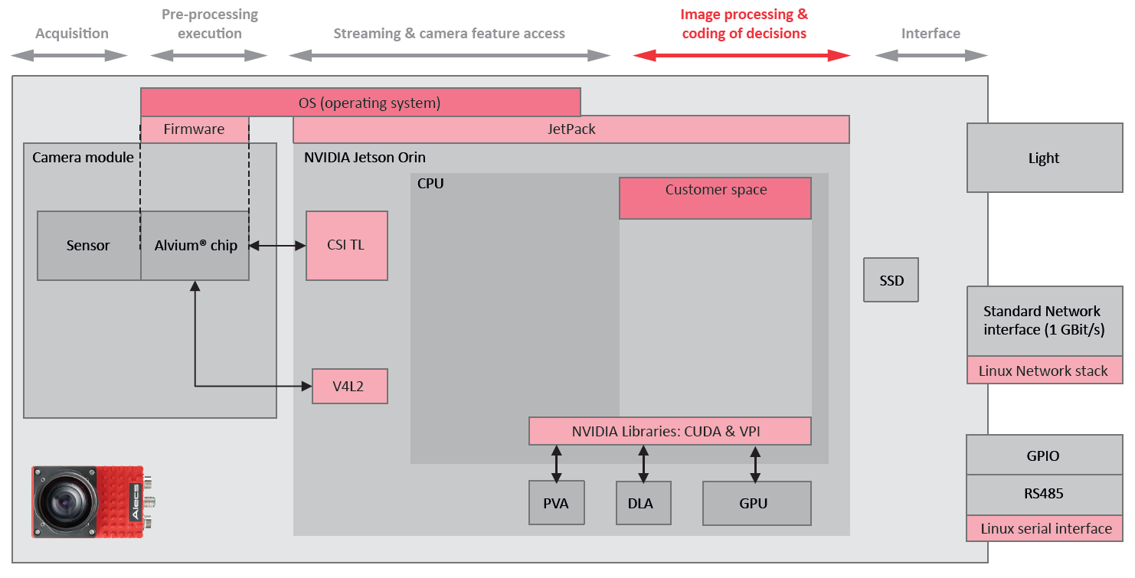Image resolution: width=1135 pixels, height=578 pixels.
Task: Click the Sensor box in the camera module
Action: pyautogui.click(x=88, y=246)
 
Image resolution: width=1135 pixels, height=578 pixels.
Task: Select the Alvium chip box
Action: pyautogui.click(x=195, y=246)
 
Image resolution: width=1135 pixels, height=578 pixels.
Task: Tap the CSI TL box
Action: pyautogui.click(x=346, y=246)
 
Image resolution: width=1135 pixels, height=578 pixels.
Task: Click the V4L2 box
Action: pyautogui.click(x=349, y=387)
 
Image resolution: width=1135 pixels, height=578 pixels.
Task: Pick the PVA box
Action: pyautogui.click(x=556, y=503)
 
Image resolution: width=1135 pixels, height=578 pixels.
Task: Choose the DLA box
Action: pyautogui.click(x=643, y=503)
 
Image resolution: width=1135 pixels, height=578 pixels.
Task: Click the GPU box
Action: pyautogui.click(x=756, y=503)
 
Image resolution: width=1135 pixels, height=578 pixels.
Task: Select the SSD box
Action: pyautogui.click(x=891, y=280)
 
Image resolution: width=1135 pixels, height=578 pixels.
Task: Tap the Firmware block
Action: pyautogui.click(x=195, y=129)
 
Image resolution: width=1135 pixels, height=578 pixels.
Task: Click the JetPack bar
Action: pyautogui.click(x=571, y=129)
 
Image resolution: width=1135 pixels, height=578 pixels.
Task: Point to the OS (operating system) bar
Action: pyautogui.click(x=360, y=102)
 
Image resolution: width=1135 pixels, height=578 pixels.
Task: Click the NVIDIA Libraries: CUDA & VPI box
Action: pyautogui.click(x=669, y=431)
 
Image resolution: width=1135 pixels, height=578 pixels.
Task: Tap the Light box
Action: pyautogui.click(x=1044, y=158)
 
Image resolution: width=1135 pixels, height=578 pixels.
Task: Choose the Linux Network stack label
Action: pyautogui.click(x=1044, y=371)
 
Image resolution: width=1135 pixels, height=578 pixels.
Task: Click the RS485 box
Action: pyautogui.click(x=1044, y=494)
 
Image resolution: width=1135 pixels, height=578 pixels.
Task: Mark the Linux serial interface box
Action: pyautogui.click(x=1045, y=528)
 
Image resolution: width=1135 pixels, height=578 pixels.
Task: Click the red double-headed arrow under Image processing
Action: pyautogui.click(x=741, y=55)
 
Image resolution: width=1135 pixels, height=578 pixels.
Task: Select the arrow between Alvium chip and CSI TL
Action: pyautogui.click(x=277, y=246)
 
